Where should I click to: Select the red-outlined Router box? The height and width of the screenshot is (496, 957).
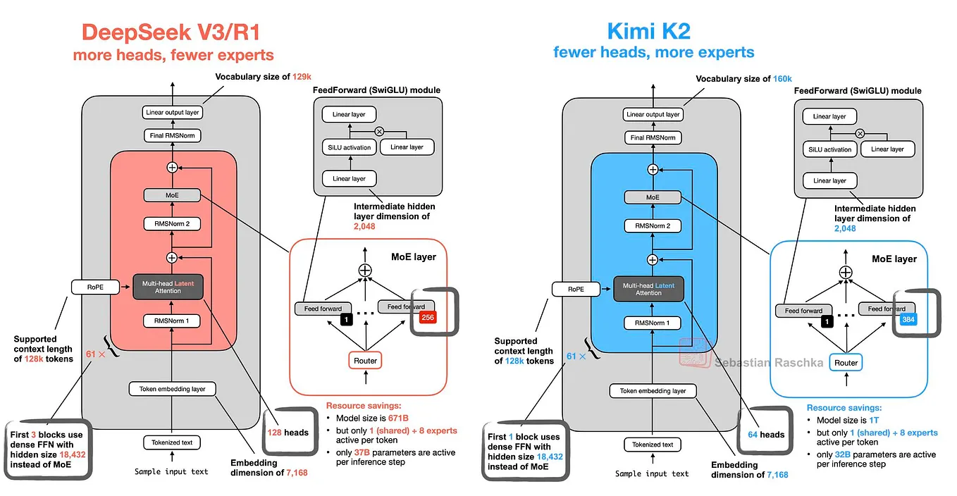coord(365,361)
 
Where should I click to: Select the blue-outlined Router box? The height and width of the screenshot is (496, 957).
coord(846,363)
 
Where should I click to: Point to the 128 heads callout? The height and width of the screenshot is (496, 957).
coord(287,432)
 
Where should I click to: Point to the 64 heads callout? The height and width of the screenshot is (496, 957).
coord(766,434)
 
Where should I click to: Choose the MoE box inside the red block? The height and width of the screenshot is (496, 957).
coord(172,195)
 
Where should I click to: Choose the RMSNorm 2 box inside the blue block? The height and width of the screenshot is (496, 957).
coord(653,226)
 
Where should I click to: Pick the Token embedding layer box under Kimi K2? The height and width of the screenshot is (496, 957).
coord(653,391)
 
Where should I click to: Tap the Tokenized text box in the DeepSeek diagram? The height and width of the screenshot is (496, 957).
coord(172,442)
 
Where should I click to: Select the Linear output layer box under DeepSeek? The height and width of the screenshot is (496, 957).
coord(172,112)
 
